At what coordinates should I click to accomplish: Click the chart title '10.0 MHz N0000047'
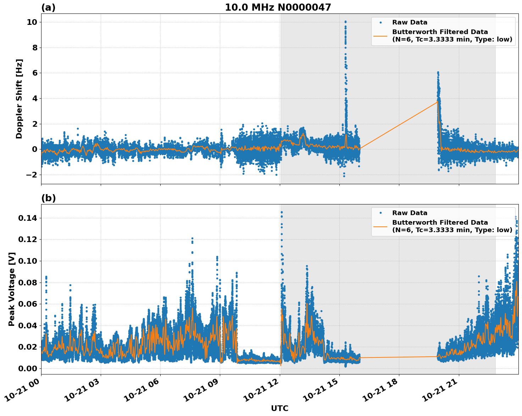[x=278, y=7]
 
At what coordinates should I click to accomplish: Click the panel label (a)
[x=48, y=7]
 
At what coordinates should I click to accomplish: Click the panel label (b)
[x=48, y=198]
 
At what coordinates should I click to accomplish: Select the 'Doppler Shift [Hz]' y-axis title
[x=19, y=99]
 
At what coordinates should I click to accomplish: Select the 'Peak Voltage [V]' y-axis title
[x=12, y=289]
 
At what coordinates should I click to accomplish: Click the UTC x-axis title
[x=279, y=408]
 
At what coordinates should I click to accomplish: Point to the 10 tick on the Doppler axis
[x=32, y=22]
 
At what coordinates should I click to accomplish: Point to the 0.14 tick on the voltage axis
[x=27, y=218]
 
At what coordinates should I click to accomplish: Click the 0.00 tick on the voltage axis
[x=27, y=368]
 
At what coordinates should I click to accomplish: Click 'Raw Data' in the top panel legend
[x=410, y=22]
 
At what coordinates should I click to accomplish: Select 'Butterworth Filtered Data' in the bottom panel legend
[x=440, y=223]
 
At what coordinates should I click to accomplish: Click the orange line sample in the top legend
[x=381, y=35]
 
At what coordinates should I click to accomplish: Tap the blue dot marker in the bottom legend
[x=381, y=213]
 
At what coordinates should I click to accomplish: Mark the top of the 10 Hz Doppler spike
[x=345, y=22]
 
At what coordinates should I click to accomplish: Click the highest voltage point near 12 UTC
[x=282, y=212]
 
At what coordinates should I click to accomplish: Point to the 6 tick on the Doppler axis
[x=35, y=73]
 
